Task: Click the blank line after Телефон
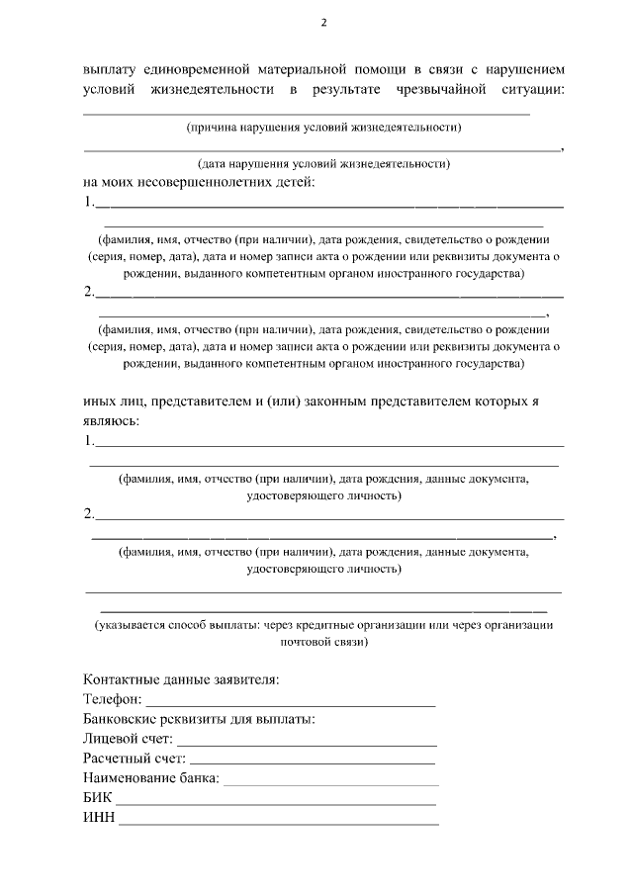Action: [x=291, y=704]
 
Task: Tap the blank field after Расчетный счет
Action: [x=313, y=762]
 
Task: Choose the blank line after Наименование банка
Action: [x=330, y=782]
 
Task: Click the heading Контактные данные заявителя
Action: [x=182, y=679]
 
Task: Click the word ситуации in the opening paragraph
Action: [x=534, y=91]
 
